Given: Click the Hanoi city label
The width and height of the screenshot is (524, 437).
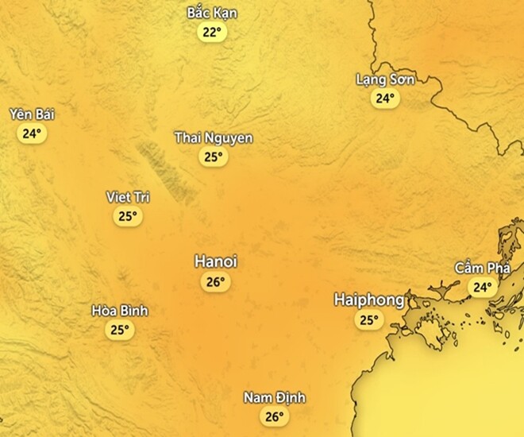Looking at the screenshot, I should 216,262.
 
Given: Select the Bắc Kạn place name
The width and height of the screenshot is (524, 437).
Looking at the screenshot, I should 212,14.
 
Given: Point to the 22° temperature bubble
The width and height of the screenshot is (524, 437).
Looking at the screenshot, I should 212,33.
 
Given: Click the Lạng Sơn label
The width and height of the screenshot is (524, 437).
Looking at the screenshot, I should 385,79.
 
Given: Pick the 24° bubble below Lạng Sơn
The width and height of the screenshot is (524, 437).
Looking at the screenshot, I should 385,99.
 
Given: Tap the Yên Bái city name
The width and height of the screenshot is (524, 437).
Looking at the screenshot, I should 32,114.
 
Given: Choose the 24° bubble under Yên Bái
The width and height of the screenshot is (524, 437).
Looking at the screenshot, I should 32,133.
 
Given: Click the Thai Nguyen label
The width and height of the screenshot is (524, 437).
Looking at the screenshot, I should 214,138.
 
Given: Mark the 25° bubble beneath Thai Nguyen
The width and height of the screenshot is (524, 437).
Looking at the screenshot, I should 213,157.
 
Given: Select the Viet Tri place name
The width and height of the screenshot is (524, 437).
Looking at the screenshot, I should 128,197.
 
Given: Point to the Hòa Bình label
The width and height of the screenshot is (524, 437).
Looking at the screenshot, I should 120,311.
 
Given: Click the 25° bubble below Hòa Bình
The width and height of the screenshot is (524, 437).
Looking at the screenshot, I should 120,330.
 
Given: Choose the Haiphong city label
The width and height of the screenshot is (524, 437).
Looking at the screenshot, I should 369,300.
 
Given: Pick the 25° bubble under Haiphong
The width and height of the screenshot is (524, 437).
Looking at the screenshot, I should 368,320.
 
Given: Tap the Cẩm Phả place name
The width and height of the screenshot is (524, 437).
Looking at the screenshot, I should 481,268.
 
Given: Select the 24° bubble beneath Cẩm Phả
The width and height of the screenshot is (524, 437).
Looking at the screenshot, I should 481,287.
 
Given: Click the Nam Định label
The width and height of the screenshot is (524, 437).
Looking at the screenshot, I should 274,397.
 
